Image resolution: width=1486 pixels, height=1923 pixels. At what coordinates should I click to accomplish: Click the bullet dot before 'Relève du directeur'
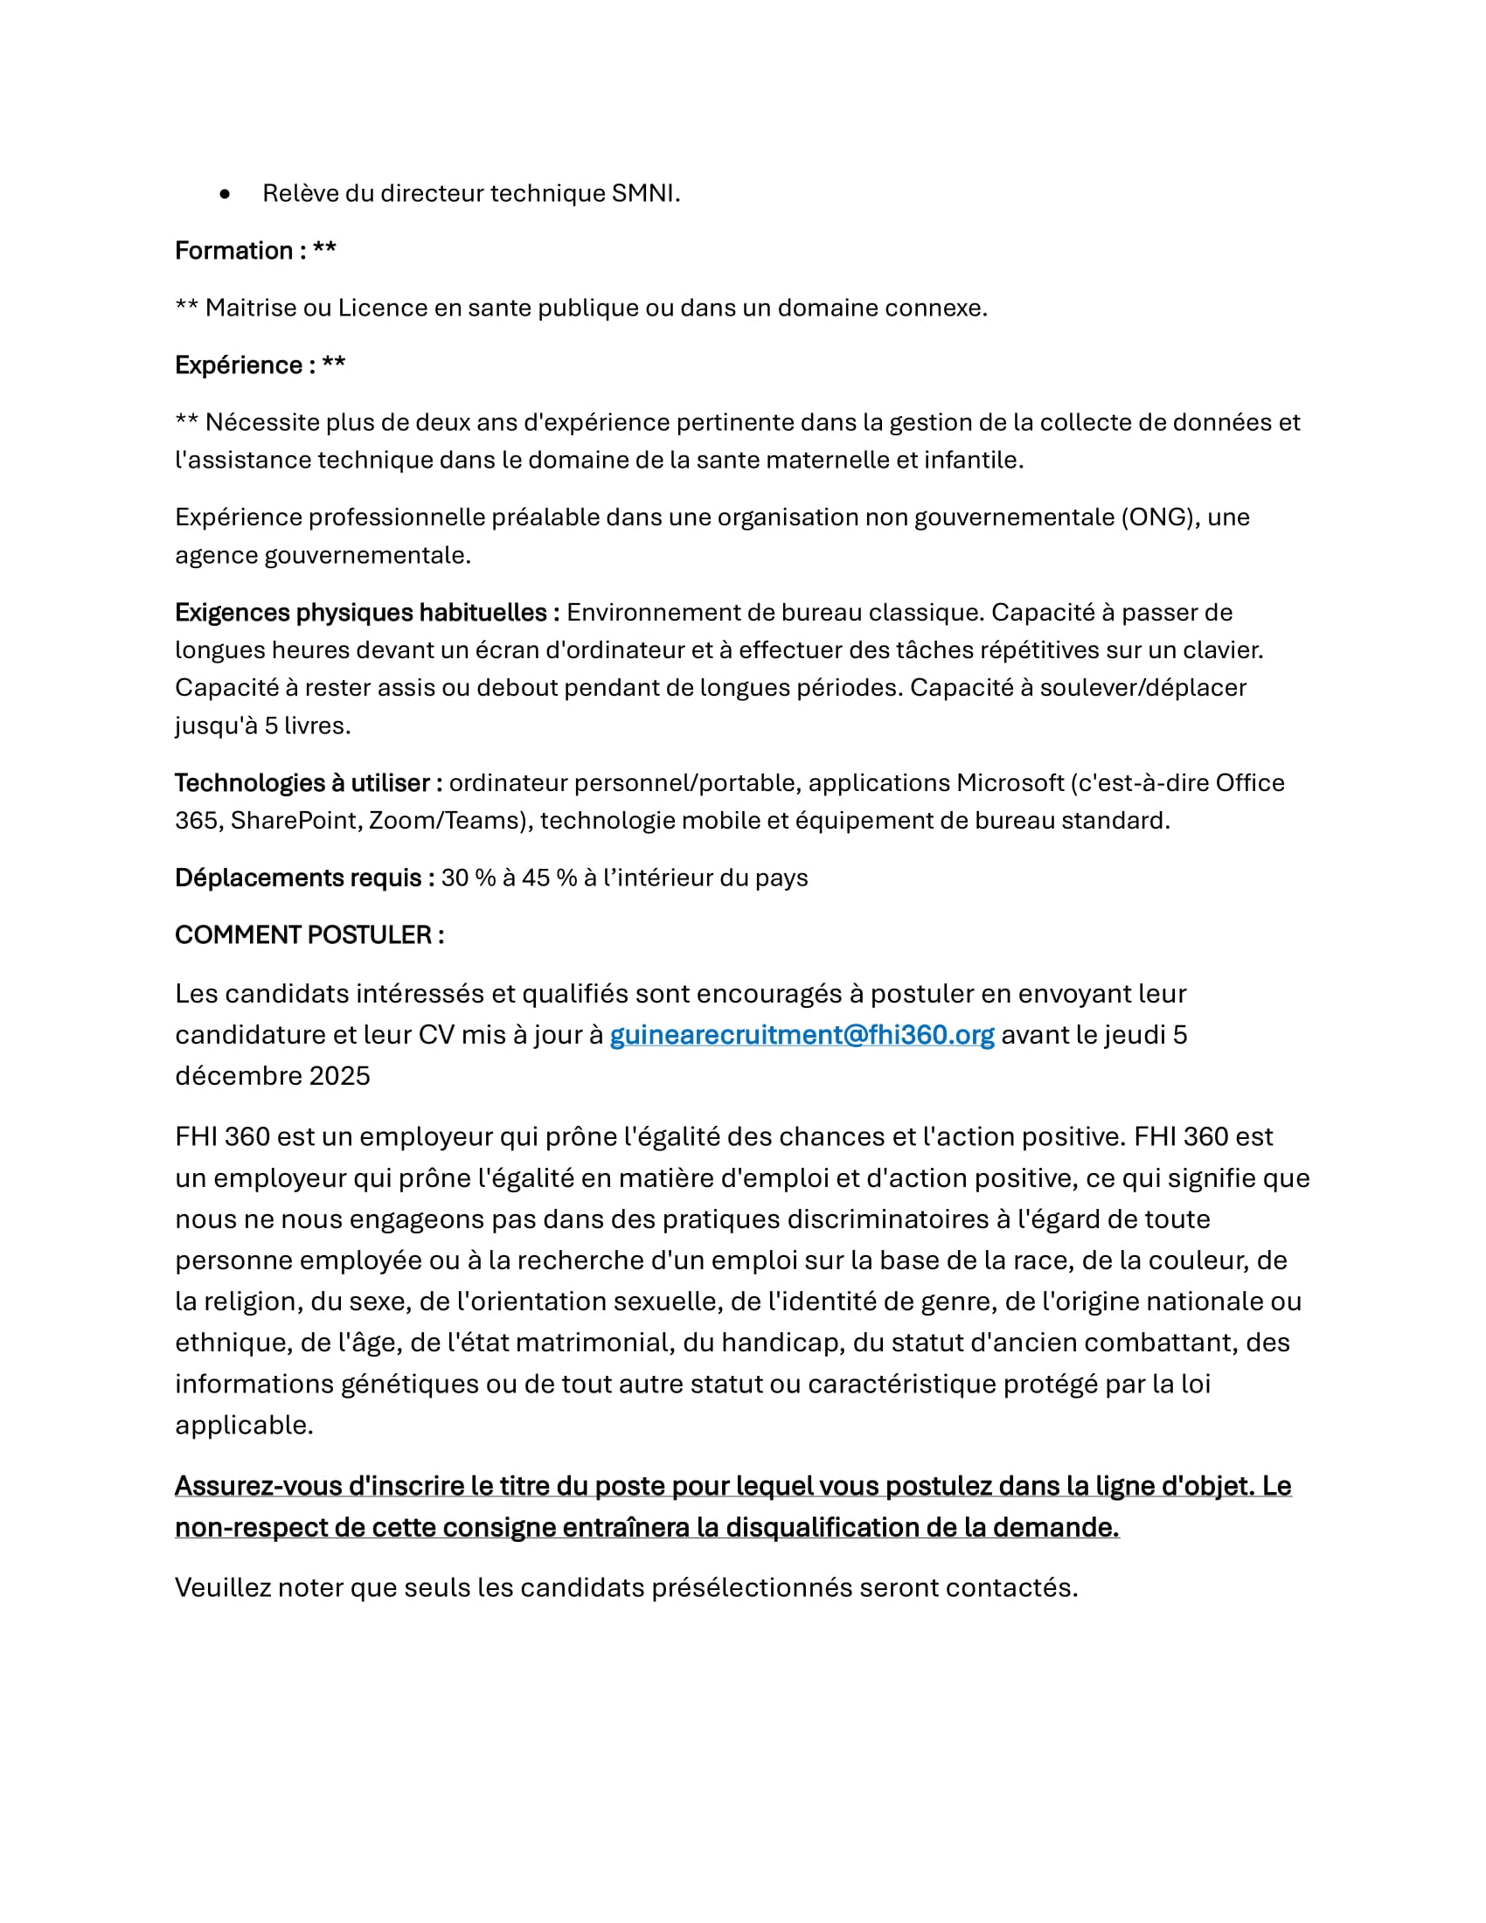click(x=226, y=194)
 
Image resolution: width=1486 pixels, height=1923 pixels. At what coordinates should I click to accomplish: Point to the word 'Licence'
click(x=381, y=309)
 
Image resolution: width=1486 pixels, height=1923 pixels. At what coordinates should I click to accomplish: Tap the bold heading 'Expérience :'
click(x=246, y=365)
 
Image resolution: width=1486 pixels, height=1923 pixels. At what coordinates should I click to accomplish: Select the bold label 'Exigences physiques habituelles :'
click(x=367, y=613)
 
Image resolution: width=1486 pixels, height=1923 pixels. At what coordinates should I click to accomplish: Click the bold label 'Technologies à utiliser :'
click(x=308, y=784)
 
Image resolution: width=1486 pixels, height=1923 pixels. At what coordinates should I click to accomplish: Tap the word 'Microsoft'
click(x=1010, y=784)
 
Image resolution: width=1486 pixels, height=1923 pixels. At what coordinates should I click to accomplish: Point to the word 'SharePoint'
click(x=294, y=822)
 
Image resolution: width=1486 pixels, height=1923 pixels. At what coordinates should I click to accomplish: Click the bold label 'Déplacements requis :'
click(x=304, y=878)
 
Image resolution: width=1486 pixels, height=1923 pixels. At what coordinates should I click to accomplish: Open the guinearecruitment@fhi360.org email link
click(x=801, y=1036)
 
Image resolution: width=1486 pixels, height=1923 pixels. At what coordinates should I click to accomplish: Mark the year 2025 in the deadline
click(x=339, y=1077)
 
